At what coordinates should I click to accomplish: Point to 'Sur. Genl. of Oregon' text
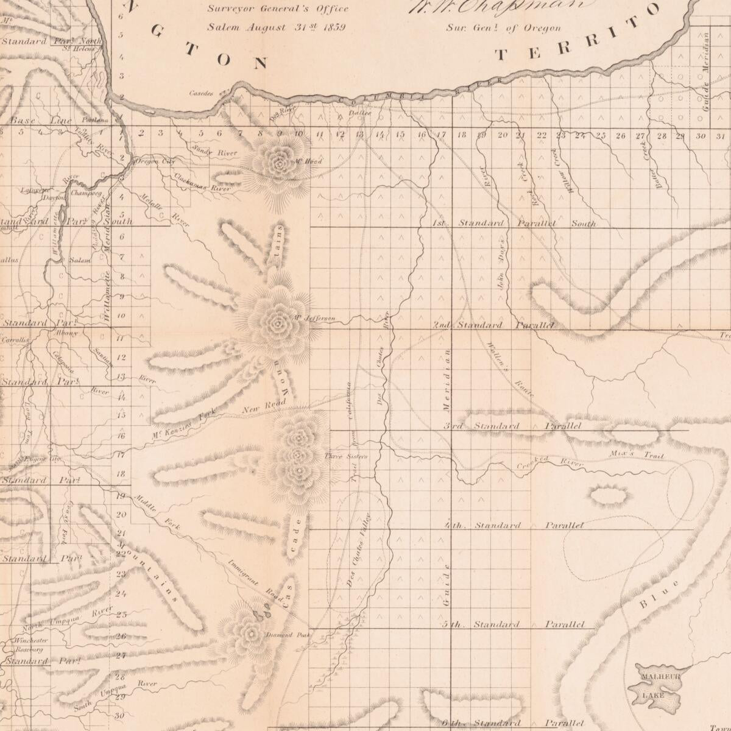(503, 27)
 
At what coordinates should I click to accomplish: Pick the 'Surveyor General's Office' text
(278, 9)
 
